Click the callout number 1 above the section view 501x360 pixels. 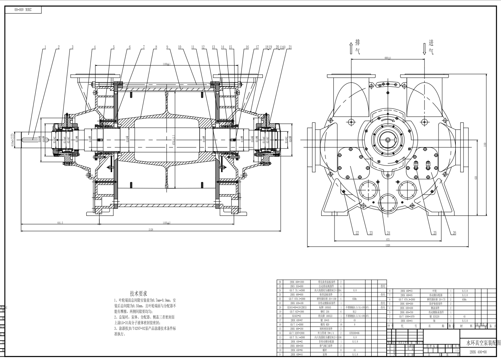click(45, 47)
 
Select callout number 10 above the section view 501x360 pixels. click(180, 47)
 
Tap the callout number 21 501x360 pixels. click(290, 47)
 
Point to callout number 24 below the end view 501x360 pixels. click(389, 233)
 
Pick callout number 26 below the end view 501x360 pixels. click(454, 233)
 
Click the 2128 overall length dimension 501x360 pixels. click(151, 229)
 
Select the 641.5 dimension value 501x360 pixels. click(60, 222)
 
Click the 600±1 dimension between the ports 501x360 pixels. click(387, 58)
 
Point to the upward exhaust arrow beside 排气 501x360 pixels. click(351, 48)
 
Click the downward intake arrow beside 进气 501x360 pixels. click(425, 48)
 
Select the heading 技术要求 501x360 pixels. click(138, 293)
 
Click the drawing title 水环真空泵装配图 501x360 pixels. click(483, 343)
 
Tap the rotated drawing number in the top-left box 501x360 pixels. click(24, 10)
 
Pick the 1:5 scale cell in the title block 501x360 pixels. click(457, 350)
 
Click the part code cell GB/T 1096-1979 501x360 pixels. click(407, 316)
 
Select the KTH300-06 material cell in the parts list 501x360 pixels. click(354, 333)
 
